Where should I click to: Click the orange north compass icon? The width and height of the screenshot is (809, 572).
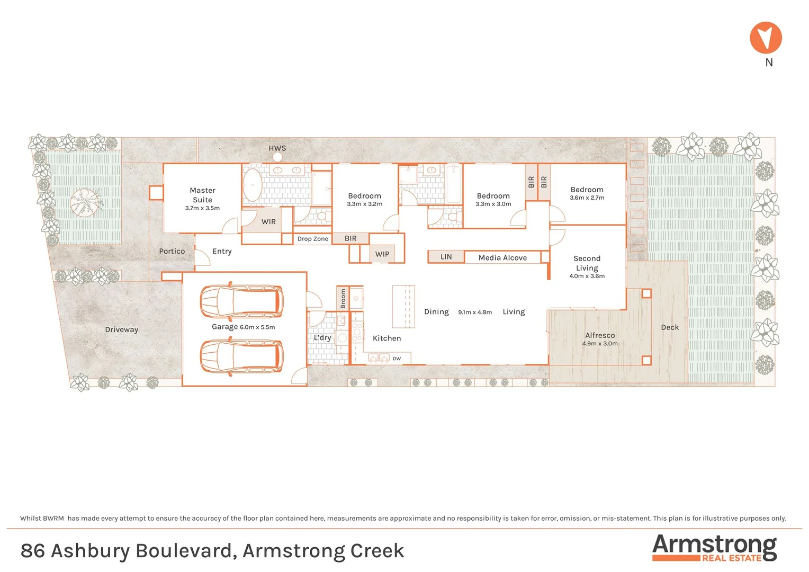[766, 38]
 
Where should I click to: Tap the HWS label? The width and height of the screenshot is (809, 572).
[277, 148]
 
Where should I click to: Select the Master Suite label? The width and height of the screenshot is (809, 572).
[202, 195]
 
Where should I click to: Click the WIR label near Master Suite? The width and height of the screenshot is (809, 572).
[268, 222]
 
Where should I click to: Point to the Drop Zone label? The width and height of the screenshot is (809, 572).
[312, 239]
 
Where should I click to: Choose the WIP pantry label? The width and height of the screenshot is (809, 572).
[382, 254]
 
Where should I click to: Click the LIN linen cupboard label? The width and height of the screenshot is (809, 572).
[446, 257]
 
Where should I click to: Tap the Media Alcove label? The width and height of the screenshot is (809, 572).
[502, 258]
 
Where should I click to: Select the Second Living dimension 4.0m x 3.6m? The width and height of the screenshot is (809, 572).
[587, 276]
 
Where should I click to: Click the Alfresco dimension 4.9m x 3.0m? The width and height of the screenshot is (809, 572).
[600, 344]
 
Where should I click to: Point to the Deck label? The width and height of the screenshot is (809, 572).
[670, 327]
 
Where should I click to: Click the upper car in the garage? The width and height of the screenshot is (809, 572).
[241, 301]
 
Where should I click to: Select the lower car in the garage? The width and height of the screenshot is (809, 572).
[241, 356]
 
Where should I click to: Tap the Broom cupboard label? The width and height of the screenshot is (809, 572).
[343, 299]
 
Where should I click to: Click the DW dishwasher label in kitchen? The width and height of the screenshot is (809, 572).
[397, 359]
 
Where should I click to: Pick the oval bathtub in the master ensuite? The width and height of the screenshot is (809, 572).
[253, 185]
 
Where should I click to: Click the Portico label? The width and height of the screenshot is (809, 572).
[172, 251]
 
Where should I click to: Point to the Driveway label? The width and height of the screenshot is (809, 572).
[121, 329]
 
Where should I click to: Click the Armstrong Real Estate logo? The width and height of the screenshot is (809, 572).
[714, 548]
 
